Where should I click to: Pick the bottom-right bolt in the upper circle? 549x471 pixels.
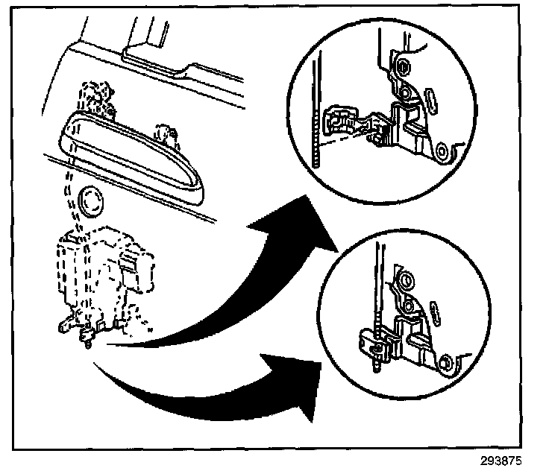tap(441, 151)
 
